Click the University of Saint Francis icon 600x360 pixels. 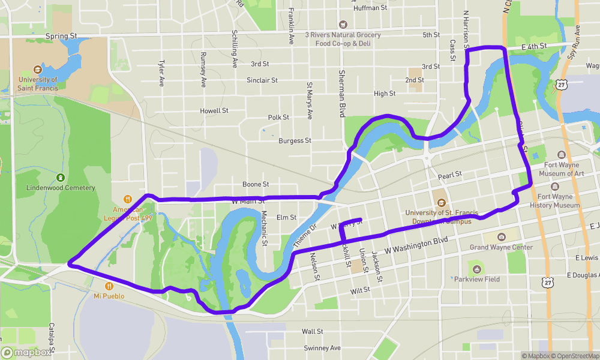tap(38, 69)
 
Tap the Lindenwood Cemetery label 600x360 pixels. tap(61, 188)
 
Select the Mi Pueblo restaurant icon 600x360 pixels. tap(109, 286)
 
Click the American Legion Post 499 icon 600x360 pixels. tap(127, 199)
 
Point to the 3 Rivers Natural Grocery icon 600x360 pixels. tap(343, 25)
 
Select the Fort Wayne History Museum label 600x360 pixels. tap(554, 201)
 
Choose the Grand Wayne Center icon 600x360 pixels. tap(502, 238)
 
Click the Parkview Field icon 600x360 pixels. tap(476, 269)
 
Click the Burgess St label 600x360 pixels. tap(295, 140)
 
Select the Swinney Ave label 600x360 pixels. tap(322, 348)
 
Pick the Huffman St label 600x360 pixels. tap(371, 8)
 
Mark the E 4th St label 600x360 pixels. tap(534, 46)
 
